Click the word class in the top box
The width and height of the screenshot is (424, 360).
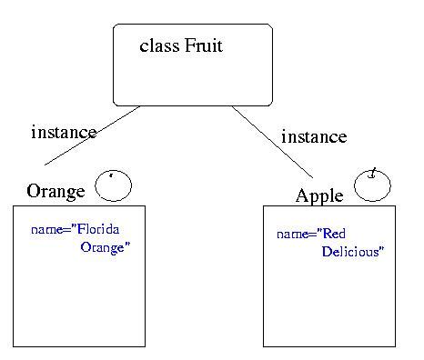[159, 45]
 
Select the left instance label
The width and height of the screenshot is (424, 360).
[64, 132]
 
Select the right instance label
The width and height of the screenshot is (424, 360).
[314, 137]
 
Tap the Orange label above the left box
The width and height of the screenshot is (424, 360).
[56, 191]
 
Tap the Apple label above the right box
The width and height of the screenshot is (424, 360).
[319, 195]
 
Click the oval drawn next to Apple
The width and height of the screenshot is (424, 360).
[373, 185]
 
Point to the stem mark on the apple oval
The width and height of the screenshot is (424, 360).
[372, 172]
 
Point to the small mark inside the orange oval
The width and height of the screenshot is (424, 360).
[111, 175]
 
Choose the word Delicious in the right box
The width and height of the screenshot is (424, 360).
[352, 252]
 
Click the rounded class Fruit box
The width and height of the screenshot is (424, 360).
[192, 82]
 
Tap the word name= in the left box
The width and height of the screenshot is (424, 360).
[47, 230]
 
